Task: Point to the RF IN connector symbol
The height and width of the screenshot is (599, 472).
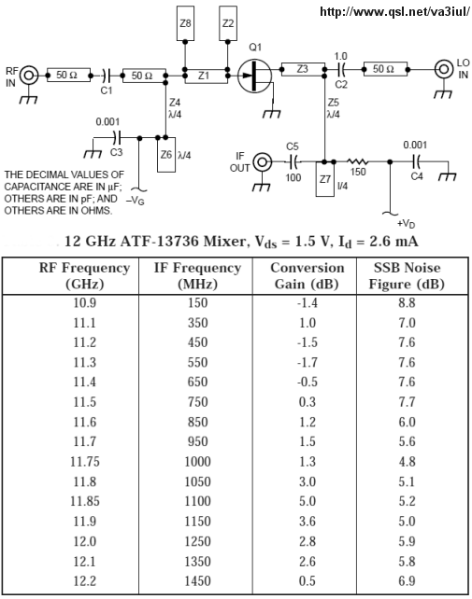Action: click(x=29, y=76)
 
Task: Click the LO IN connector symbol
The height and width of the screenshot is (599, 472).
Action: click(x=444, y=70)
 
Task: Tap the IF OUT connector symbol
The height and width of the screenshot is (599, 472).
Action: click(x=263, y=162)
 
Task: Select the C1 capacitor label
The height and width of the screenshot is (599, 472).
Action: click(x=107, y=91)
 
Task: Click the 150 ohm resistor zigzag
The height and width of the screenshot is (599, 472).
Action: click(x=358, y=162)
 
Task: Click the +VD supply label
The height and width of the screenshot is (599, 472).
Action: click(x=407, y=224)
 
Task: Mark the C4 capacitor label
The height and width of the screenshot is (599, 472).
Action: click(x=417, y=176)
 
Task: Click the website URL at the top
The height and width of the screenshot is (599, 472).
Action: click(x=394, y=11)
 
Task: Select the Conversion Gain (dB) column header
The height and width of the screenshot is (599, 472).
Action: click(x=307, y=276)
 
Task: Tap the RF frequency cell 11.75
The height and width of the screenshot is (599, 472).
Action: click(x=85, y=462)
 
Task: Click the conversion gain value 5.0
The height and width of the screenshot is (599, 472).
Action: click(x=308, y=501)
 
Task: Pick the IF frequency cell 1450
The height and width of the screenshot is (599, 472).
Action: click(x=197, y=581)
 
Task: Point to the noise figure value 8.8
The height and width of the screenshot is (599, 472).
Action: click(x=407, y=303)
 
